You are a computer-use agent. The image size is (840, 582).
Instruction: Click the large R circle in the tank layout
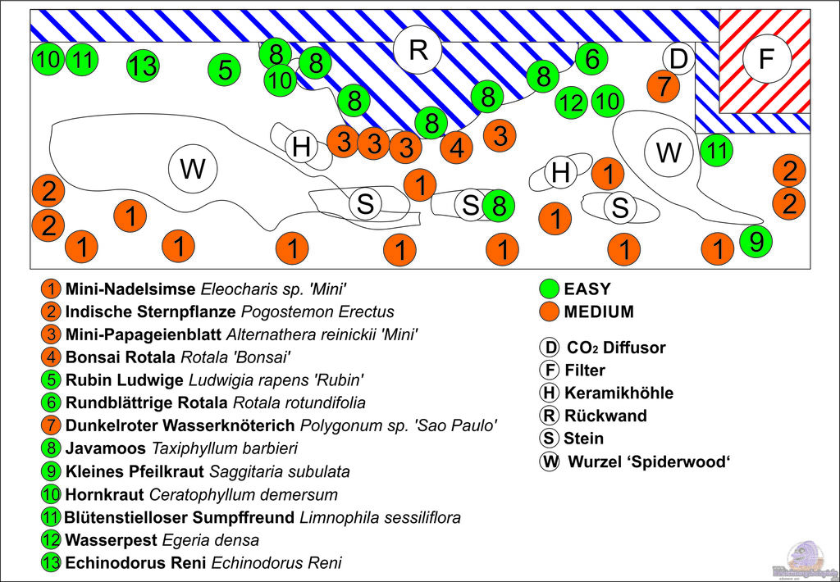pos(418,50)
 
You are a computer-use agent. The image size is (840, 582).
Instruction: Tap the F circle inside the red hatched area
pos(766,59)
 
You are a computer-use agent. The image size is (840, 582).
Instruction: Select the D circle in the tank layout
pos(678,59)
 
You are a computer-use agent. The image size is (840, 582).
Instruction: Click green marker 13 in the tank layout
pos(143,66)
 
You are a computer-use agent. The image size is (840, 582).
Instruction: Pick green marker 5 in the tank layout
pos(225,70)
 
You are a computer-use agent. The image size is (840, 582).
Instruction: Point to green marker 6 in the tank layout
pos(591,59)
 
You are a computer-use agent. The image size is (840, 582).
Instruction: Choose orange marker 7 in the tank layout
pos(663,85)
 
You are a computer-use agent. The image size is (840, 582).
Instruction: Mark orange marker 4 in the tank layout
pos(456,148)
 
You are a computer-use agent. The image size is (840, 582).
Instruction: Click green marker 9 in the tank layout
pos(756,241)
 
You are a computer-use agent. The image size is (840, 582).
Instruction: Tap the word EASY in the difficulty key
pos(587,289)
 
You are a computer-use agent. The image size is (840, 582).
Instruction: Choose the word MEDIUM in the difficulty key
pos(599,311)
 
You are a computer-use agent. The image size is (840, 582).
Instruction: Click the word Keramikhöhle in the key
pos(619,393)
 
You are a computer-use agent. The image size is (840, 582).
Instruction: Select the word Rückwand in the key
pos(605,416)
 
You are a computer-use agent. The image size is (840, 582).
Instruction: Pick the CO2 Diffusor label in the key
pos(615,348)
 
